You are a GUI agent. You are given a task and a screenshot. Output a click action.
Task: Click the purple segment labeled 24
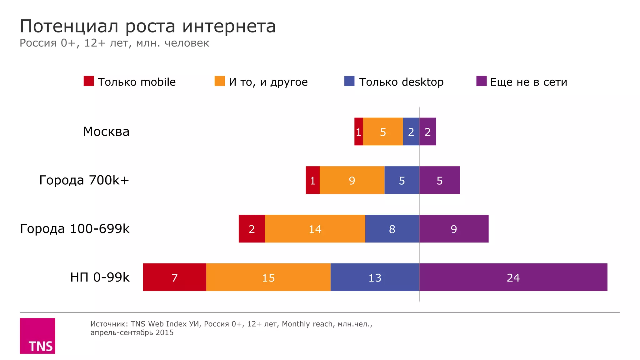[513, 277]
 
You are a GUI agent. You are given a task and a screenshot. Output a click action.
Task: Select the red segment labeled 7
[174, 277]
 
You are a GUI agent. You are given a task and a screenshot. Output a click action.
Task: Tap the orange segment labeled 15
[268, 277]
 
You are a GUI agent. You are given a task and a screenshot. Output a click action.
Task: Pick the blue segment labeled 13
[375, 277]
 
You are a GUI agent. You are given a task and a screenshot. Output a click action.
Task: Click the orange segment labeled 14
[315, 229]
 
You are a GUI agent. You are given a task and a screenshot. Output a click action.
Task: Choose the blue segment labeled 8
[392, 229]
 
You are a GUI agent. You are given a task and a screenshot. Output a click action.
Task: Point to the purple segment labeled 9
[454, 229]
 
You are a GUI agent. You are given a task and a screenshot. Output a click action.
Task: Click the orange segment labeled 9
[352, 180]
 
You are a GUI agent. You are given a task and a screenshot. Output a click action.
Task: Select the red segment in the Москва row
[358, 132]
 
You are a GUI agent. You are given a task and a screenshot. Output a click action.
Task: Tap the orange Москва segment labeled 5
[383, 132]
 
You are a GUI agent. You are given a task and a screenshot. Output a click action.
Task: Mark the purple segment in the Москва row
[427, 132]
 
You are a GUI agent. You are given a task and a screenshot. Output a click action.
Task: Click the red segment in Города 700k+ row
[312, 180]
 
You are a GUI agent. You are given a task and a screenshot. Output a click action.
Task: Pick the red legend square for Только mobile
[89, 81]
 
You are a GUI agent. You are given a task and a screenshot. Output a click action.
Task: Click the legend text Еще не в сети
[528, 82]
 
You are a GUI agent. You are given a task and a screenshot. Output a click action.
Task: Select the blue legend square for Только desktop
[349, 81]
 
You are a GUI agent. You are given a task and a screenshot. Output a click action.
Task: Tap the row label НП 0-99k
[100, 277]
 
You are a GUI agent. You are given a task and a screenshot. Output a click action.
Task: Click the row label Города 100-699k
[75, 229]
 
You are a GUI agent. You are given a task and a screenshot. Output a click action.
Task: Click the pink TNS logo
[37, 336]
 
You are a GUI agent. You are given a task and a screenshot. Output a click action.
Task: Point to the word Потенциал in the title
[69, 26]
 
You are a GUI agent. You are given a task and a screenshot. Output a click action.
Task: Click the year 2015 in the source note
[164, 332]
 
